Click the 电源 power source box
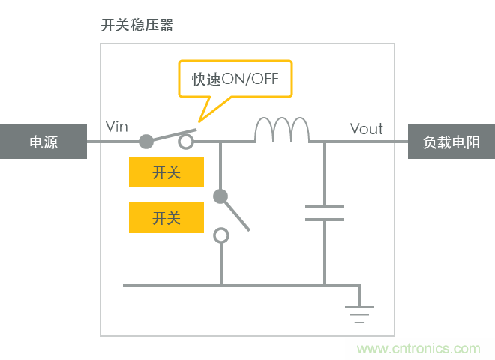click(43, 142)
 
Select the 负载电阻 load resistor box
click(451, 142)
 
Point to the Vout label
click(367, 128)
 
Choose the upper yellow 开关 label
click(166, 172)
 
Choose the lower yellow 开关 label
click(166, 217)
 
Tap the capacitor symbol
click(325, 213)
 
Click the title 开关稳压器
click(137, 25)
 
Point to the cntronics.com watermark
click(418, 349)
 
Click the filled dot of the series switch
click(147, 141)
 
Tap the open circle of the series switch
click(186, 141)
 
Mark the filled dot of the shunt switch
click(220, 196)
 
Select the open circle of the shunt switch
click(220, 235)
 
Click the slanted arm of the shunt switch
click(235, 214)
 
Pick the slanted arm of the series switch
click(171, 135)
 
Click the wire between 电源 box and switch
click(112, 141)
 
